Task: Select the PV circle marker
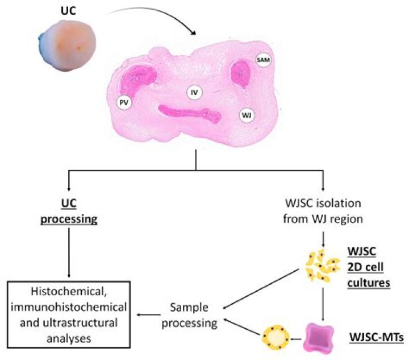[x=124, y=102]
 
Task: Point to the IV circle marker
[x=195, y=91]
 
